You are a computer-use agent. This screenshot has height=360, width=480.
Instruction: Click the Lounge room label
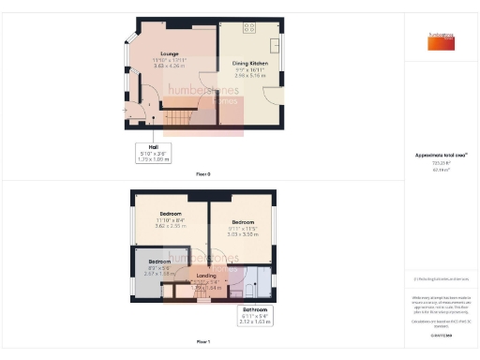pyautogui.click(x=169, y=53)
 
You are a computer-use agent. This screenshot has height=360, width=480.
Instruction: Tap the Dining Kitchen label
pyautogui.click(x=249, y=62)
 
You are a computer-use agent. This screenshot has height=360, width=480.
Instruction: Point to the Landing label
pyautogui.click(x=205, y=275)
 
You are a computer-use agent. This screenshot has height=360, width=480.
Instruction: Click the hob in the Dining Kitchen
pyautogui.click(x=250, y=25)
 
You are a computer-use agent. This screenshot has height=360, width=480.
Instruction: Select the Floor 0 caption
pyautogui.click(x=203, y=173)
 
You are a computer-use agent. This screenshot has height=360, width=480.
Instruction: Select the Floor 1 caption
pyautogui.click(x=203, y=341)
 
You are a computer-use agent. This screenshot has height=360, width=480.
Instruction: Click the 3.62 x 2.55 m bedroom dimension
pyautogui.click(x=170, y=225)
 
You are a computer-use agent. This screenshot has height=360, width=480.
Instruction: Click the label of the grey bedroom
pyautogui.click(x=159, y=261)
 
